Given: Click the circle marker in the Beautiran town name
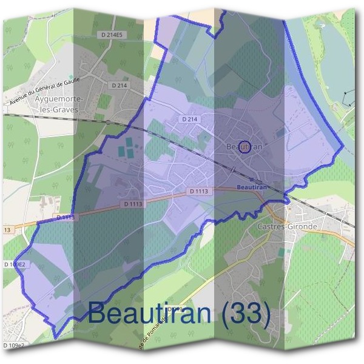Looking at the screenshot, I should click(244, 147).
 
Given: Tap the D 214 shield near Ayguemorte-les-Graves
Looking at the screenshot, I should click(120, 86).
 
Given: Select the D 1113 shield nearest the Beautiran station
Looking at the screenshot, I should click(199, 192).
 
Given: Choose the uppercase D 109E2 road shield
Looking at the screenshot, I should click(14, 265).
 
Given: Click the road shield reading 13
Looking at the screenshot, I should click(7, 230).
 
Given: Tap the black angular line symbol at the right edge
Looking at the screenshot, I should click(347, 98).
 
